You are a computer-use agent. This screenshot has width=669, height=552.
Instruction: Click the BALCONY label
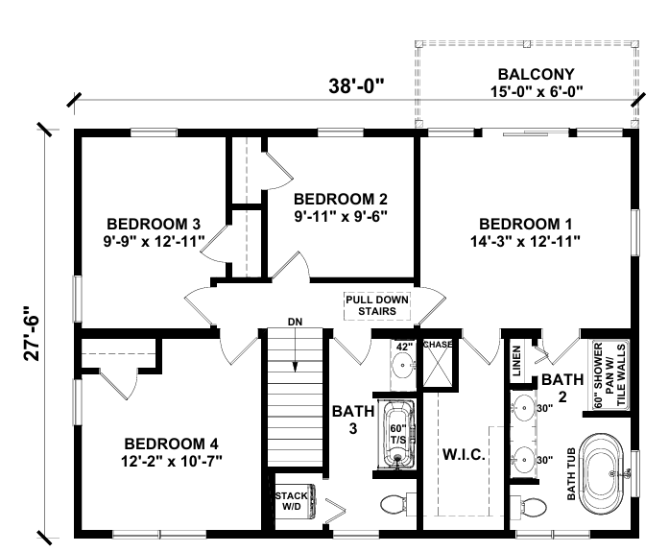pyautogui.click(x=536, y=74)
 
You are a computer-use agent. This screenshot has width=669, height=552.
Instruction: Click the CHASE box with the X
pyautogui.click(x=438, y=361)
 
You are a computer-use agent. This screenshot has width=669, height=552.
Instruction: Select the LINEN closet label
pyautogui.click(x=515, y=360)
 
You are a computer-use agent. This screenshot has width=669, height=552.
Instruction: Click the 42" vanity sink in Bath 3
pyautogui.click(x=404, y=363)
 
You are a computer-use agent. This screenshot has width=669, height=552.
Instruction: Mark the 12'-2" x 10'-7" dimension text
pyautogui.click(x=173, y=462)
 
